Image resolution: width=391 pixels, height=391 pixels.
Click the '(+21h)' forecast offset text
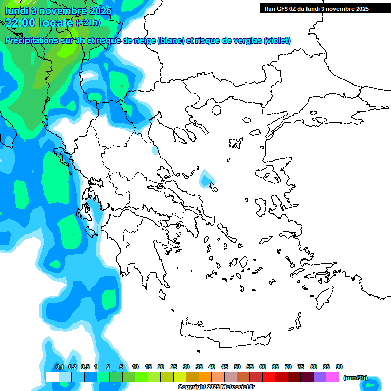click(88, 23)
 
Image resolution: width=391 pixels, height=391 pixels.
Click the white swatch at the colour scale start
click(52, 377)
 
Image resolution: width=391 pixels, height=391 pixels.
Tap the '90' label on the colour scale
click(339, 367)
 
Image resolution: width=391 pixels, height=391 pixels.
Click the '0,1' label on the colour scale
click(59, 367)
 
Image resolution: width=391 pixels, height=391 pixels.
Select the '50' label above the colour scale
click(237, 367)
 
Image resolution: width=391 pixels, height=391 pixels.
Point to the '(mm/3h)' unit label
click(355, 378)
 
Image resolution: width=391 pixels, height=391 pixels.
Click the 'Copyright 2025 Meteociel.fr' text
click(216, 387)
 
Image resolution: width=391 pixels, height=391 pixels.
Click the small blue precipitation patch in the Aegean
click(207, 179)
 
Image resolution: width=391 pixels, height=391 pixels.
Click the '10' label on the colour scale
click(135, 367)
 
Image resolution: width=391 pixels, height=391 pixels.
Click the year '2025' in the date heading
click(101, 10)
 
